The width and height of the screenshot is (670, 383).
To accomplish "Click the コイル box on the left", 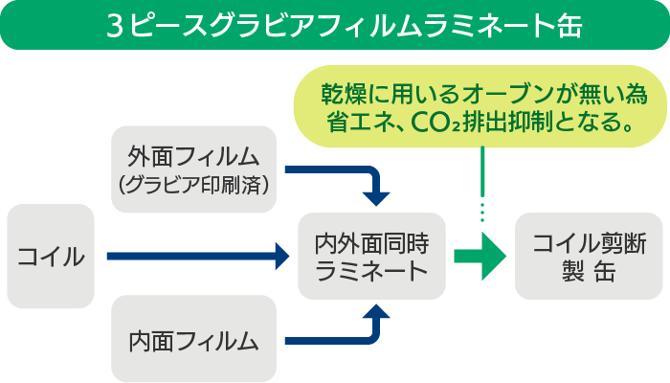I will click(x=51, y=256).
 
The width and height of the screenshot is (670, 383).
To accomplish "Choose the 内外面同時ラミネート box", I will click(x=371, y=257).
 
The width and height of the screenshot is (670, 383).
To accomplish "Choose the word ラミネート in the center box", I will click(x=371, y=271).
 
